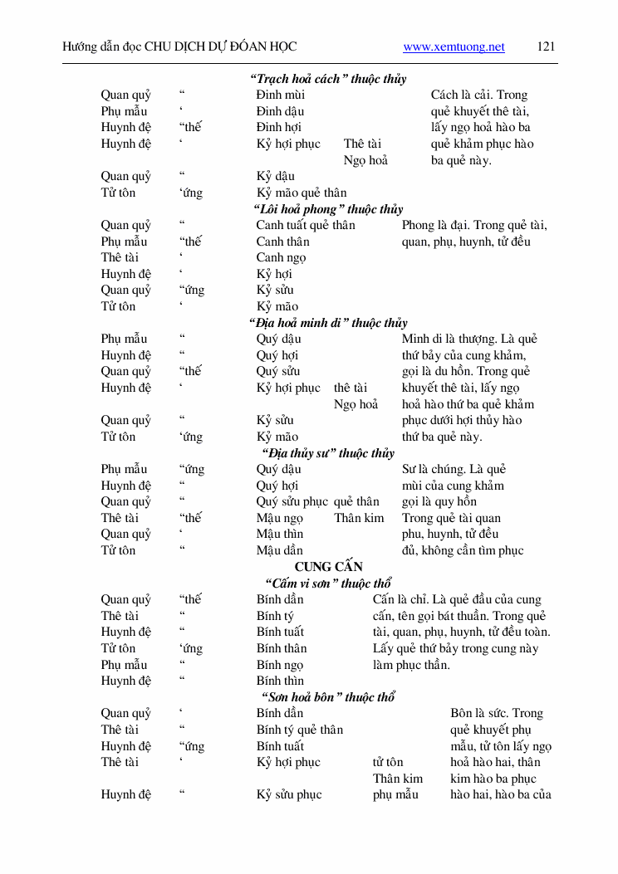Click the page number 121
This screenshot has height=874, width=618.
tap(546, 46)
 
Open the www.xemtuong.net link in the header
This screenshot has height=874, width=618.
tap(454, 47)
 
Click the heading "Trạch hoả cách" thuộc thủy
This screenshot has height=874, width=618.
tap(328, 79)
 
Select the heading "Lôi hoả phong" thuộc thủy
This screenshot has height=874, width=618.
tap(328, 209)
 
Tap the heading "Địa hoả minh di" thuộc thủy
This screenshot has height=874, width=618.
tap(328, 323)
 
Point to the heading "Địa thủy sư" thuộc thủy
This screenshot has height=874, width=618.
tap(328, 453)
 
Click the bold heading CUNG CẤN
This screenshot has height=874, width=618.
tap(329, 567)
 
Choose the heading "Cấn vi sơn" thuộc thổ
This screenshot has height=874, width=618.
tap(328, 583)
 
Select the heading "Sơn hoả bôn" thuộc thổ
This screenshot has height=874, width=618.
tap(328, 697)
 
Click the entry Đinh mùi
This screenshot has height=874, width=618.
tap(280, 95)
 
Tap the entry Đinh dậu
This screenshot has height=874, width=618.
tap(280, 111)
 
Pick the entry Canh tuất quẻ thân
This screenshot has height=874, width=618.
tap(305, 225)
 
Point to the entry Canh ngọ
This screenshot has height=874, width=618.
tap(281, 257)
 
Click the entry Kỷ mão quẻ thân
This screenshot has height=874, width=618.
tap(301, 193)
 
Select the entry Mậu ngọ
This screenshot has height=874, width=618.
tap(279, 518)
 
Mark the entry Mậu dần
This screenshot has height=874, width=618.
tap(279, 550)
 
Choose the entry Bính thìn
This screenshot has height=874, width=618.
tap(280, 681)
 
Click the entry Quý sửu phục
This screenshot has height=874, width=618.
tap(292, 501)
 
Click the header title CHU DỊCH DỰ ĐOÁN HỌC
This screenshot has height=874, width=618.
tap(220, 46)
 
